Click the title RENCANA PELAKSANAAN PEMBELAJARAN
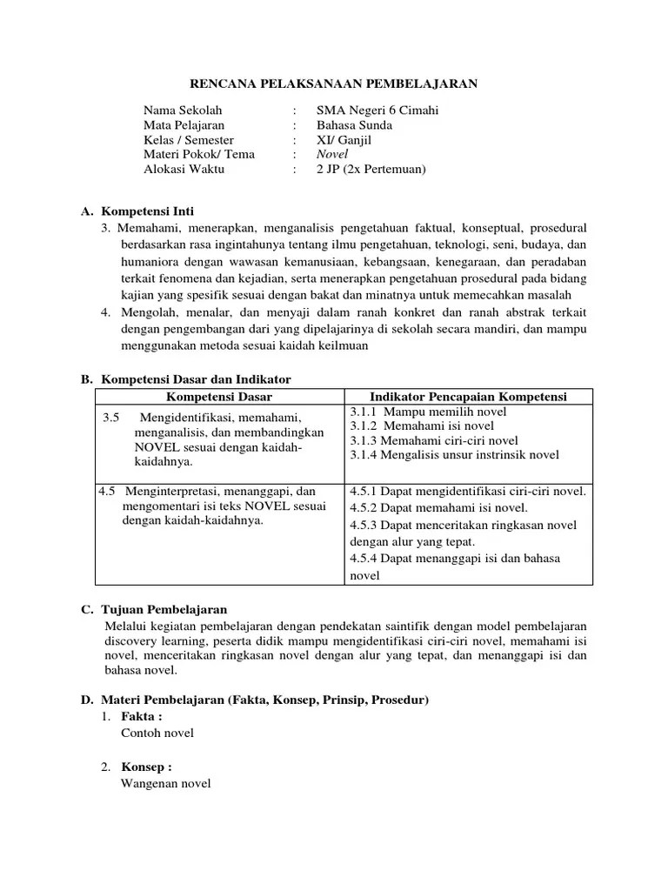(334, 83)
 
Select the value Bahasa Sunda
(354, 125)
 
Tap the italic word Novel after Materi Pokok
(331, 154)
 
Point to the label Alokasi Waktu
(184, 169)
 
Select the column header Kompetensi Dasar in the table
(219, 397)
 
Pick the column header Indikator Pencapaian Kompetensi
(469, 397)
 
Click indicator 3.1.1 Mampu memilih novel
(416, 412)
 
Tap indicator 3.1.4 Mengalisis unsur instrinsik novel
(454, 454)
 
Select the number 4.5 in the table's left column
(107, 491)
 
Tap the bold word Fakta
(142, 716)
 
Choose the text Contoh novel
(157, 733)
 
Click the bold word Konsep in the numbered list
(146, 767)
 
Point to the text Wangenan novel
(165, 783)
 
